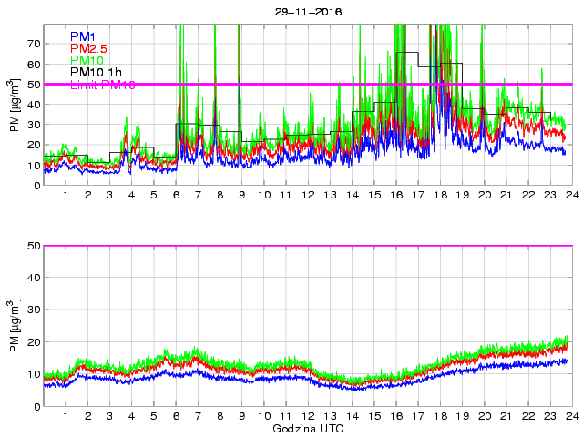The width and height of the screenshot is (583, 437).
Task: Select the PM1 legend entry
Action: click(83, 36)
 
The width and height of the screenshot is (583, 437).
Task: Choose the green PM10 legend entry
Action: click(86, 60)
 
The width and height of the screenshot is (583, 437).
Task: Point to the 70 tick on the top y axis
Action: click(34, 44)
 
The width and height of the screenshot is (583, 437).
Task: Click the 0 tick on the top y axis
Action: click(36, 185)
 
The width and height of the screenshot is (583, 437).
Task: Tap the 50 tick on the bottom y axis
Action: click(34, 246)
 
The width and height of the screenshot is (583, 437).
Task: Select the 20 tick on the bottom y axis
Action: click(34, 342)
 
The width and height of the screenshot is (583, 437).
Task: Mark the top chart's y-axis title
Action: click(15, 105)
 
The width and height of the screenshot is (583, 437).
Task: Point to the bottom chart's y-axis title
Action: click(15, 326)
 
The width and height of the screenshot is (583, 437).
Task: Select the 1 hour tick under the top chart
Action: click(66, 196)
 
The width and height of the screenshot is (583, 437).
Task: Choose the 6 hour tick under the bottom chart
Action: click(176, 417)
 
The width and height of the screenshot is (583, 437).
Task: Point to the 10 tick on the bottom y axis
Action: click(34, 374)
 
